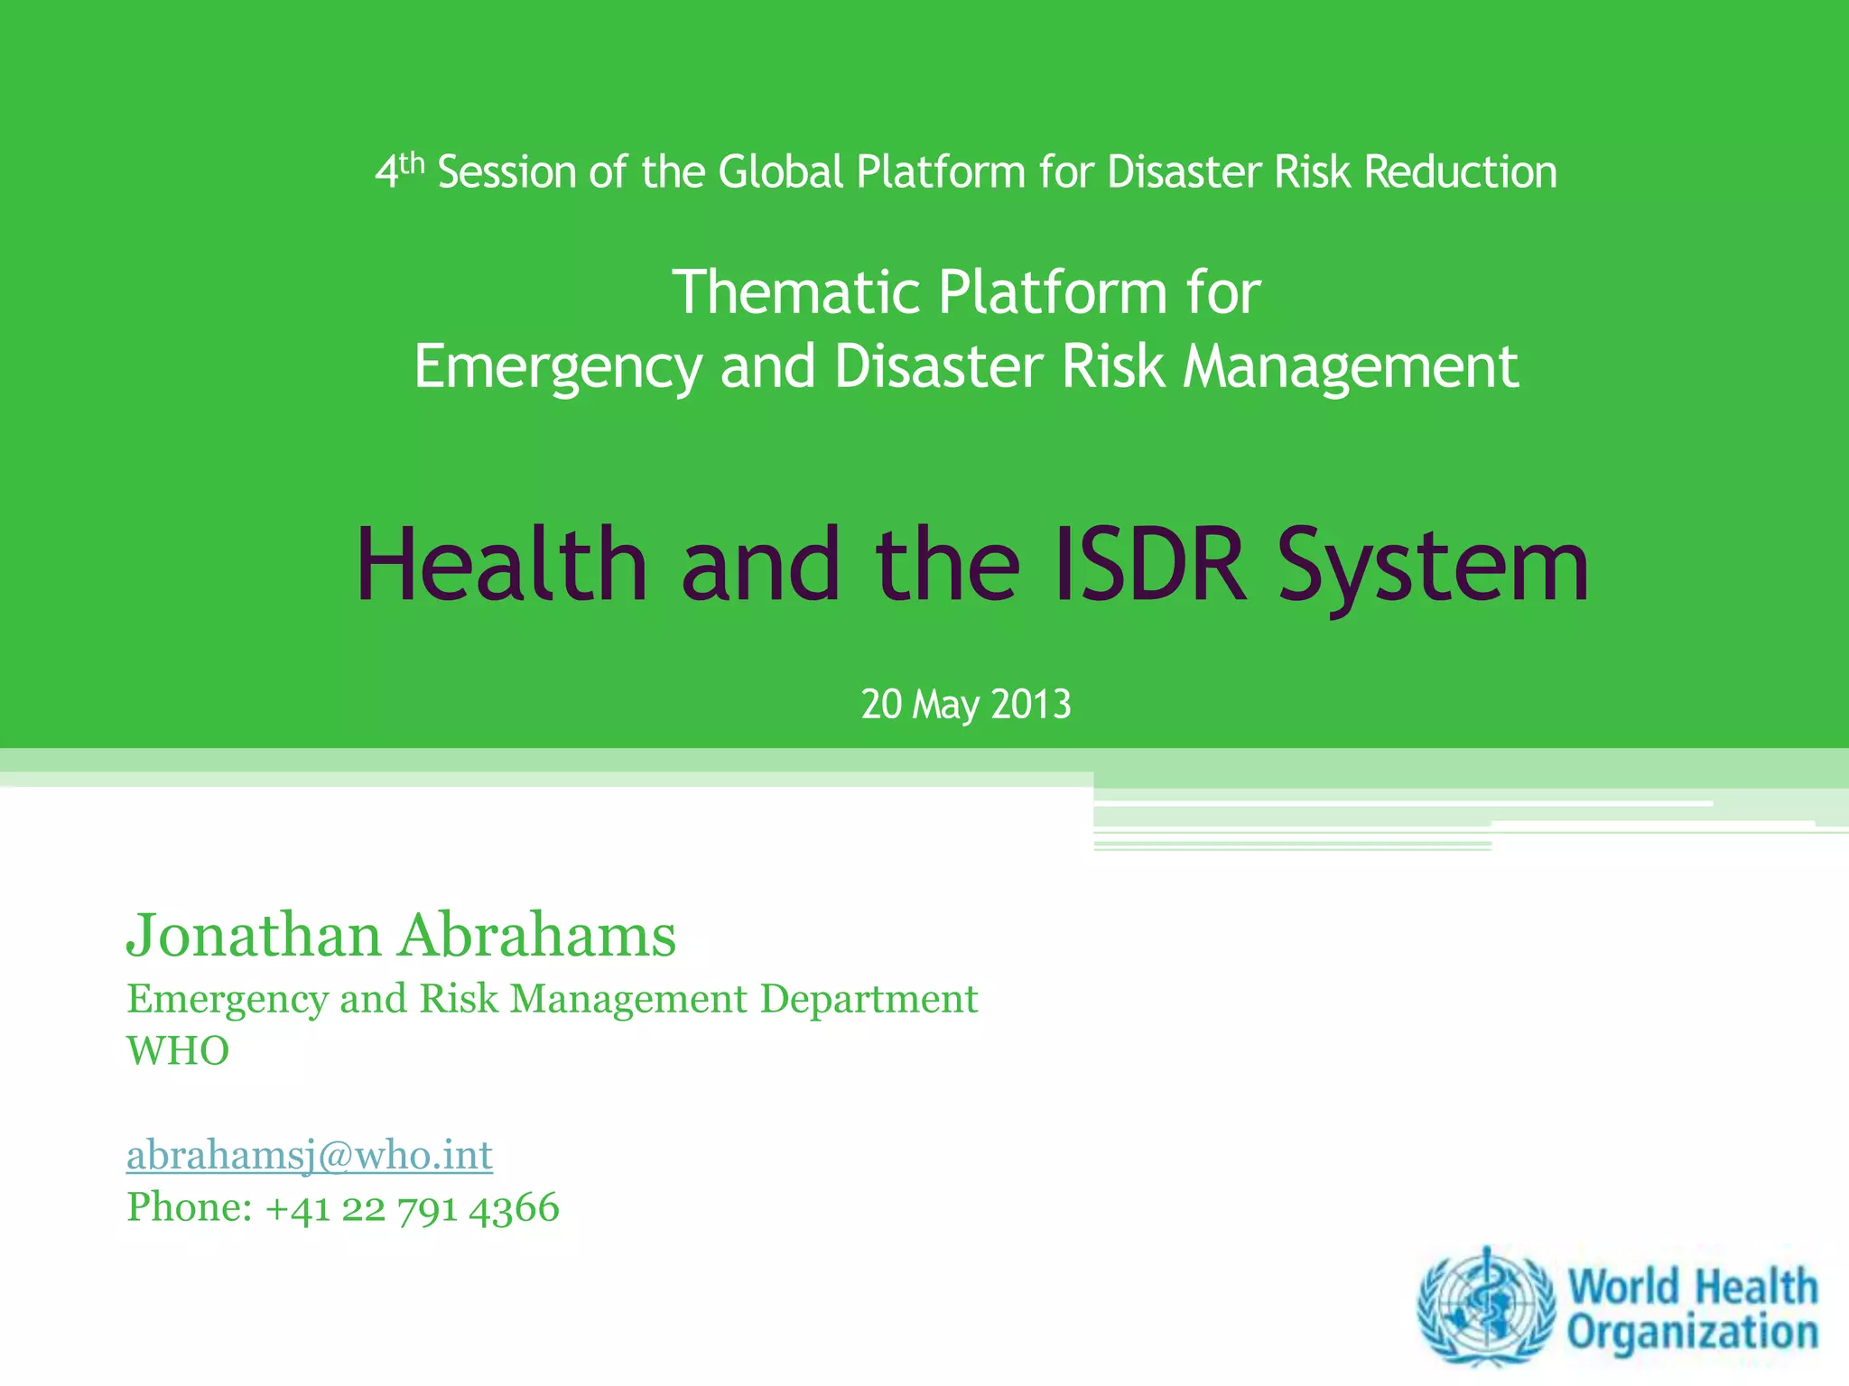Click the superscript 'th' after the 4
412,163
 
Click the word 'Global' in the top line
781,172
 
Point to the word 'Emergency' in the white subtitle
557,368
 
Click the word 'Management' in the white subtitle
1351,368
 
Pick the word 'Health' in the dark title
502,566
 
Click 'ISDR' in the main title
1151,566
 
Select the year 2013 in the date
1031,705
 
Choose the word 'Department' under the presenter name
869,1000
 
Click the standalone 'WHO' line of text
178,1051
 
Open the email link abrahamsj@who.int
310,1155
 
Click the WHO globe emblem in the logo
1486,1307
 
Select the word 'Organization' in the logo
1693,1333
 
